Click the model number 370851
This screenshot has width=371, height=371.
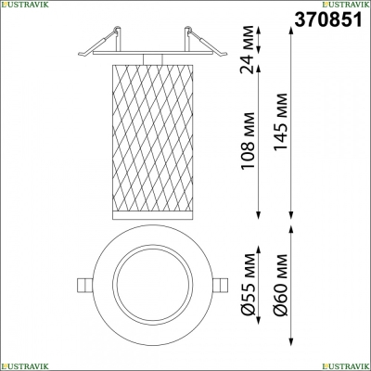[328, 19]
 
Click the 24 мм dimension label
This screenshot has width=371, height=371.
[249, 50]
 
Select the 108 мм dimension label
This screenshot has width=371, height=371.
[249, 140]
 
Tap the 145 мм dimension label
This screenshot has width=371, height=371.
[281, 122]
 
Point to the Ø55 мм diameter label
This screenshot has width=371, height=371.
[249, 284]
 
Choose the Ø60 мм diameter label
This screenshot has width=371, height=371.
[281, 285]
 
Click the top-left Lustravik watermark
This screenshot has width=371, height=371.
[25, 4]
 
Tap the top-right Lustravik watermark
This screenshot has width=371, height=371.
[346, 4]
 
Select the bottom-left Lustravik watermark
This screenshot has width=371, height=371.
[25, 366]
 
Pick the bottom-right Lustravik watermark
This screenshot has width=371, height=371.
[346, 366]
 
